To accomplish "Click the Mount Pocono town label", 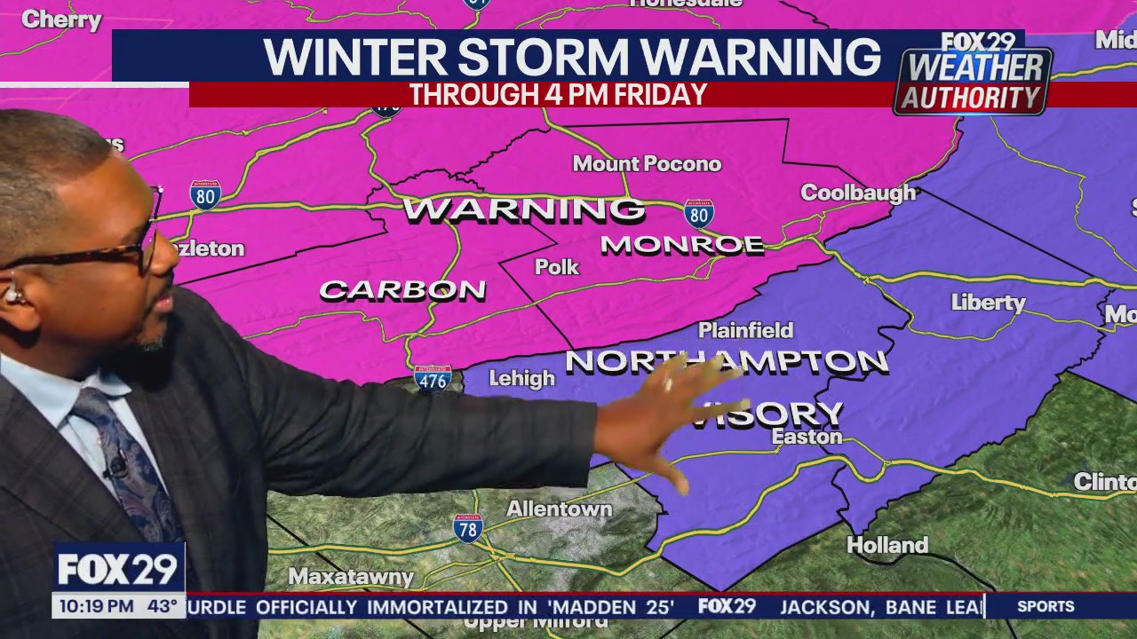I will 647,164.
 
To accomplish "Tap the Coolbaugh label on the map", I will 857,193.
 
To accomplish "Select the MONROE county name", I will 682,245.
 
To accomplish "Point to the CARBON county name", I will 402,290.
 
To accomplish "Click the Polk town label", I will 557,267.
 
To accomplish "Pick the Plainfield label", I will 745,330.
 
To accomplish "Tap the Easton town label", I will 807,437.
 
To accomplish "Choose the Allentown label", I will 560,509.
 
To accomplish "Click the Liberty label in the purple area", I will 988,303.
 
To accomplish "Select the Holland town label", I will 887,545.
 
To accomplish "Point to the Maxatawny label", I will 351,577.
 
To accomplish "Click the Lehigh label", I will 521,379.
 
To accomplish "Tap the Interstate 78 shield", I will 467,528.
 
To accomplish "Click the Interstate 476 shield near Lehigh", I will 433,379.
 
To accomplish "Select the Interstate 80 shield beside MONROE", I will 699,214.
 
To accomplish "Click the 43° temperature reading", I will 163,607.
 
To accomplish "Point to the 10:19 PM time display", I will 96,607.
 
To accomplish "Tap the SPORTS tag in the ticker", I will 1046,606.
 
